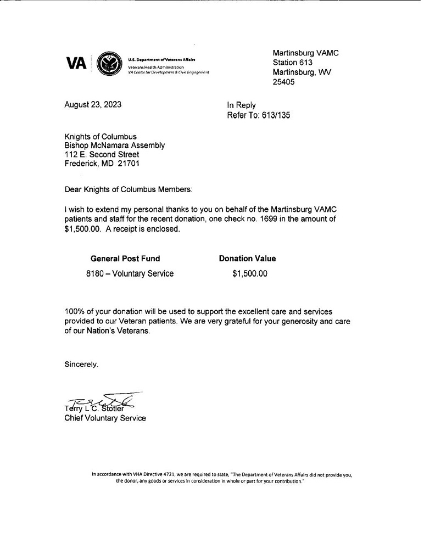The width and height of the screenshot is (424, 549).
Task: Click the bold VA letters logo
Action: tap(76, 64)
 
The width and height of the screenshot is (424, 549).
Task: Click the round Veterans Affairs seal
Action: tap(109, 64)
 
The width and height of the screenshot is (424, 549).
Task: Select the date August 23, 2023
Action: tap(93, 105)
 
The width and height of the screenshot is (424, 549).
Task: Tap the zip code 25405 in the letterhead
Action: tap(284, 82)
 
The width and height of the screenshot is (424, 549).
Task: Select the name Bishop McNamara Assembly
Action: tap(114, 145)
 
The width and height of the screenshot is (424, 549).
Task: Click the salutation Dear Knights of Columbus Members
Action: tap(129, 189)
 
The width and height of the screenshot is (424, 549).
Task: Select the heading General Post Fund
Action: tap(125, 259)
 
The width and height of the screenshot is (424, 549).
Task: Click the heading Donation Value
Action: tap(247, 259)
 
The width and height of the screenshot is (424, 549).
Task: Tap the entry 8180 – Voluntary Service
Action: tap(130, 273)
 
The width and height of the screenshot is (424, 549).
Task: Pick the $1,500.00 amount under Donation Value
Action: tap(250, 273)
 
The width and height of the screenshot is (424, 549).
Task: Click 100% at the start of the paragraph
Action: tap(74, 312)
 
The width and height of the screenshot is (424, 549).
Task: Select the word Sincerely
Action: tap(81, 363)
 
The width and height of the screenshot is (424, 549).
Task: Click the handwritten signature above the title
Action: tap(104, 402)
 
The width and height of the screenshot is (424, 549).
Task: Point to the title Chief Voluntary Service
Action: tap(105, 418)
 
